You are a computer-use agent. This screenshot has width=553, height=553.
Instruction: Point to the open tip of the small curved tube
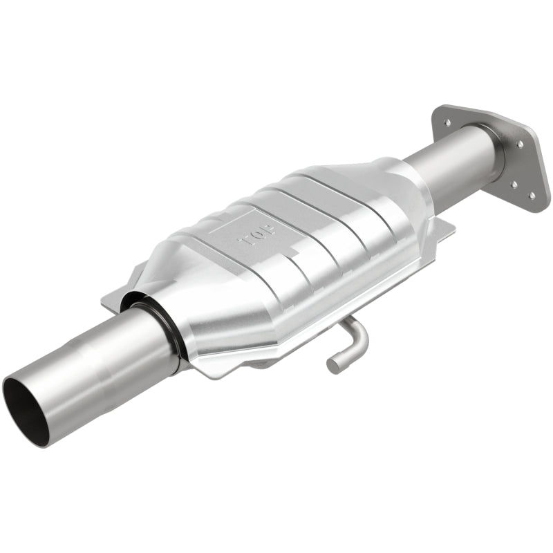tap(334, 365)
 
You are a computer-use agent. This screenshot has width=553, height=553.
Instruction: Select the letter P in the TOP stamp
tap(244, 243)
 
